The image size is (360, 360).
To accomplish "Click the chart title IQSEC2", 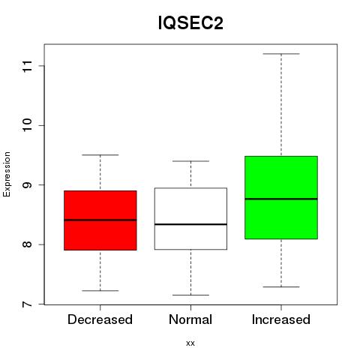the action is (x=190, y=23).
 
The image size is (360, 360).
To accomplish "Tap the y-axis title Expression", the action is (x=7, y=174).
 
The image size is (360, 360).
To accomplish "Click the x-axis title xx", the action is (x=190, y=343).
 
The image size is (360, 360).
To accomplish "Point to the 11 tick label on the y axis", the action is (x=28, y=66).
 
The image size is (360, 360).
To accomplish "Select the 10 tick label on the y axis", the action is (x=28, y=125).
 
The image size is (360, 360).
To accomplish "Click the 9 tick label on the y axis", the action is (x=28, y=185).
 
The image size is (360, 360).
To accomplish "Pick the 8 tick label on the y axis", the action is (x=28, y=244).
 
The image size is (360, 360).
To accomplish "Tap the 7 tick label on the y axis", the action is (x=28, y=304).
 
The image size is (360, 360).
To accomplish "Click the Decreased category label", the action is (x=100, y=319).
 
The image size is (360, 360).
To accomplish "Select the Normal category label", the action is (x=190, y=319).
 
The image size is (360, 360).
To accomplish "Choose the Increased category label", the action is (x=281, y=319).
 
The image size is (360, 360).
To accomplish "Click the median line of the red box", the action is (x=100, y=220).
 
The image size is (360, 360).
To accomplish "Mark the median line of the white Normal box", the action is (x=190, y=224).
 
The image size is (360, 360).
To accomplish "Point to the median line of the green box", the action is (x=281, y=199).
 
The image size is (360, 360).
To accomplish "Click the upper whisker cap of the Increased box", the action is (x=281, y=54).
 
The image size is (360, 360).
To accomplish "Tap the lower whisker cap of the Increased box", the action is (x=281, y=286).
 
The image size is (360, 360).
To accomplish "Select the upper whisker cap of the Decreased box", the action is (x=100, y=155).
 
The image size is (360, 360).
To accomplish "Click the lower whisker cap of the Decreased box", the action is (x=100, y=291).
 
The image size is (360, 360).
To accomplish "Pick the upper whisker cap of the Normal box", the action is (x=190, y=161).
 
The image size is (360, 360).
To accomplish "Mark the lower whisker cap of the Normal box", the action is (x=190, y=295).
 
